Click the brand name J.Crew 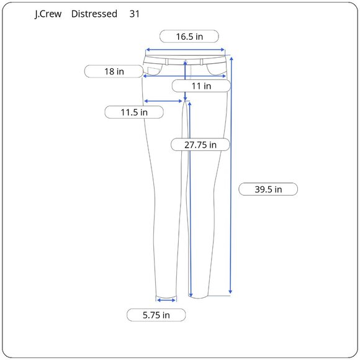48,14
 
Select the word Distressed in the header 94,14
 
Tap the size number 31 134,14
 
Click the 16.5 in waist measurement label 189,37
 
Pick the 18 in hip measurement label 114,71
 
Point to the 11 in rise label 201,86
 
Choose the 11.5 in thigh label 134,112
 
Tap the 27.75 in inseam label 200,145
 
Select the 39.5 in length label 268,189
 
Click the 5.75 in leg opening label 156,315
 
